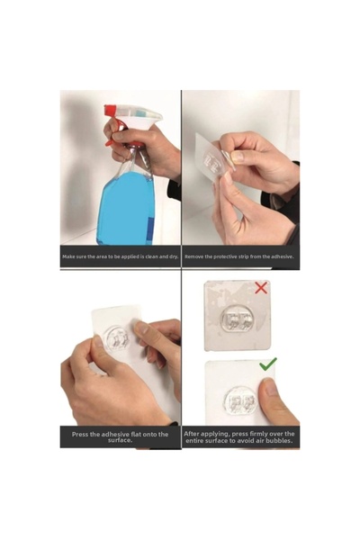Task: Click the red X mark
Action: click(x=261, y=288)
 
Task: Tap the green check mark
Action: click(x=268, y=364)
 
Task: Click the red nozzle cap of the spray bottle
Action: click(x=110, y=111)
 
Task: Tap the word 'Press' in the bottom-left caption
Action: click(x=80, y=435)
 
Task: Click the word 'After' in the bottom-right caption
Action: click(x=193, y=434)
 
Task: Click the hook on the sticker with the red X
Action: click(x=238, y=319)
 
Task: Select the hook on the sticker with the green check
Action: click(x=241, y=401)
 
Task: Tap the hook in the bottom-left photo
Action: click(x=117, y=338)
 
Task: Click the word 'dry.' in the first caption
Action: click(x=174, y=256)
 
